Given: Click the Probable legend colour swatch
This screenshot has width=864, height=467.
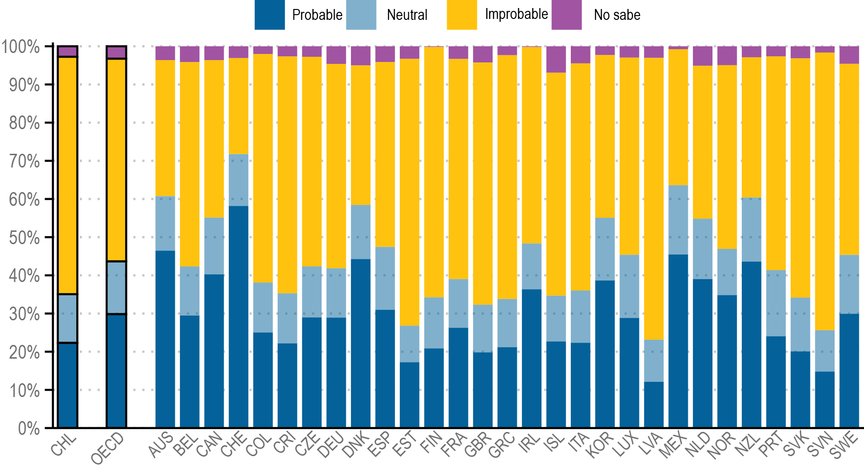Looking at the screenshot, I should [x=270, y=15].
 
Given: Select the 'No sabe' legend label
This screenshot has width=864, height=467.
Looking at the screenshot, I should [x=617, y=15].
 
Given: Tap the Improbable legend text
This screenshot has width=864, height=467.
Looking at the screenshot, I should [x=516, y=14].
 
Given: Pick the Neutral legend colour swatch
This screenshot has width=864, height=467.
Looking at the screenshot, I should [x=361, y=15].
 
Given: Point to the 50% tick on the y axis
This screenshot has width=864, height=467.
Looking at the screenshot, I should [x=24, y=238].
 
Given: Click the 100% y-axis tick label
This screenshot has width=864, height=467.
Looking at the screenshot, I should [x=21, y=47].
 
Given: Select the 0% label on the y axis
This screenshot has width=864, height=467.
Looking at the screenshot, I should [x=28, y=428].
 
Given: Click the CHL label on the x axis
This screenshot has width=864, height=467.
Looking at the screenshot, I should [x=64, y=445].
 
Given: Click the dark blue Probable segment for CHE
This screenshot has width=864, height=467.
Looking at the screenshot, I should [x=238, y=317].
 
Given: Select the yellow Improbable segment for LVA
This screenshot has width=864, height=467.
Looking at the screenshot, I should [x=654, y=199].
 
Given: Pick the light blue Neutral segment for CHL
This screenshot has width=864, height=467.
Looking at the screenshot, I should [x=68, y=318].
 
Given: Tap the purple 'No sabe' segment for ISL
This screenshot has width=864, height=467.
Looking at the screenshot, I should [x=556, y=60].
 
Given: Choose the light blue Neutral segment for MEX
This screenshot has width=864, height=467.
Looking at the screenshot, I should [x=678, y=220].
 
